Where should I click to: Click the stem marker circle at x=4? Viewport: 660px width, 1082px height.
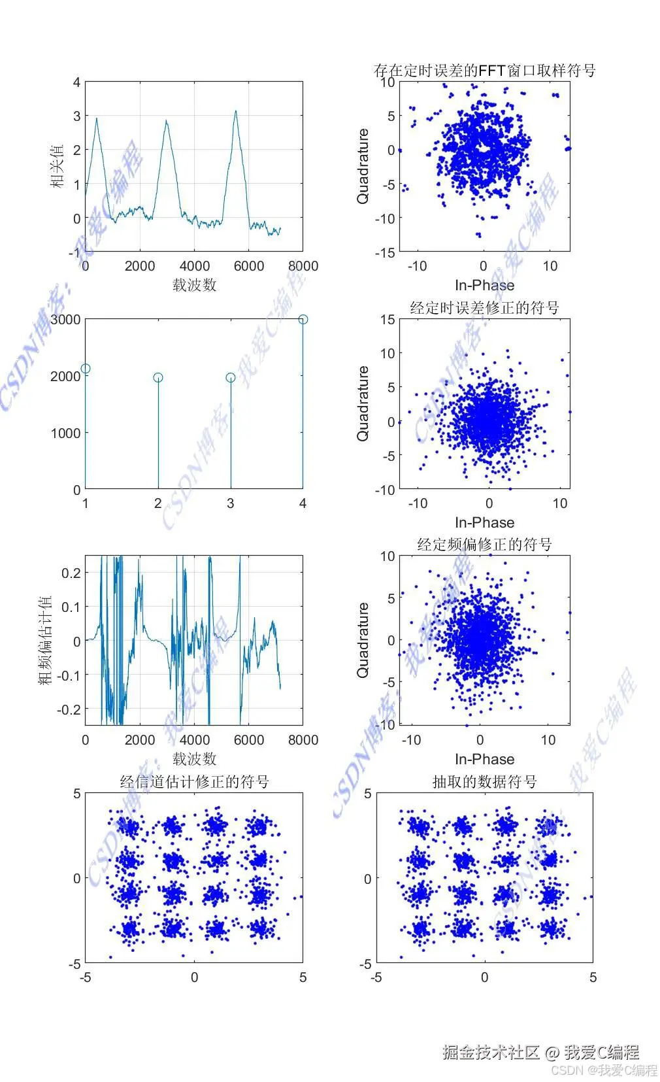pyautogui.click(x=303, y=319)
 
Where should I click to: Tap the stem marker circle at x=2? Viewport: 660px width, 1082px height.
pyautogui.click(x=158, y=377)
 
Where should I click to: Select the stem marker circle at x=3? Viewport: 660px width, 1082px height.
pyautogui.click(x=231, y=377)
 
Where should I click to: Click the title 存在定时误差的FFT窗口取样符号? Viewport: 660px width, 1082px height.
pyautogui.click(x=484, y=70)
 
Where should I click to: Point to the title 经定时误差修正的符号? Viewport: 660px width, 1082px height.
pyautogui.click(x=484, y=307)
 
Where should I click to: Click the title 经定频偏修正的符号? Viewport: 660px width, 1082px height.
pyautogui.click(x=484, y=544)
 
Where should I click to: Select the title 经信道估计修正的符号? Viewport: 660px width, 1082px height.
pyautogui.click(x=194, y=781)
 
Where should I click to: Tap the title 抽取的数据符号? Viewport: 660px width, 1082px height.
pyautogui.click(x=484, y=781)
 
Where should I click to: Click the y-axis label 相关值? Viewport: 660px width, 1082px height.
pyautogui.click(x=58, y=167)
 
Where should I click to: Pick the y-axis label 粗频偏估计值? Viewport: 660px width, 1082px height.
pyautogui.click(x=45, y=641)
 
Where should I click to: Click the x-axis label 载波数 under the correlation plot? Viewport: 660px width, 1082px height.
pyautogui.click(x=194, y=284)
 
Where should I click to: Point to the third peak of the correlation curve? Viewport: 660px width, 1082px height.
pyautogui.click(x=235, y=111)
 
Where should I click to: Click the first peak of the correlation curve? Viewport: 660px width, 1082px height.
pyautogui.click(x=97, y=119)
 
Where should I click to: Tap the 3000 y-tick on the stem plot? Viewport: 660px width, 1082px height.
pyautogui.click(x=65, y=320)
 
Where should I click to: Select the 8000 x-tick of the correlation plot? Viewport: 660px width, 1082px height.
pyautogui.click(x=303, y=266)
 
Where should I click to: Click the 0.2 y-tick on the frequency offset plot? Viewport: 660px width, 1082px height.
pyautogui.click(x=71, y=573)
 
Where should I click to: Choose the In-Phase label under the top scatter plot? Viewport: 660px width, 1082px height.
pyautogui.click(x=484, y=285)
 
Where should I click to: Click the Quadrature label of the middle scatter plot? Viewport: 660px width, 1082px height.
pyautogui.click(x=363, y=403)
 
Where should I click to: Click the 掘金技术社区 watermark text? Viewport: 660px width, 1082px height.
pyautogui.click(x=491, y=1052)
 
